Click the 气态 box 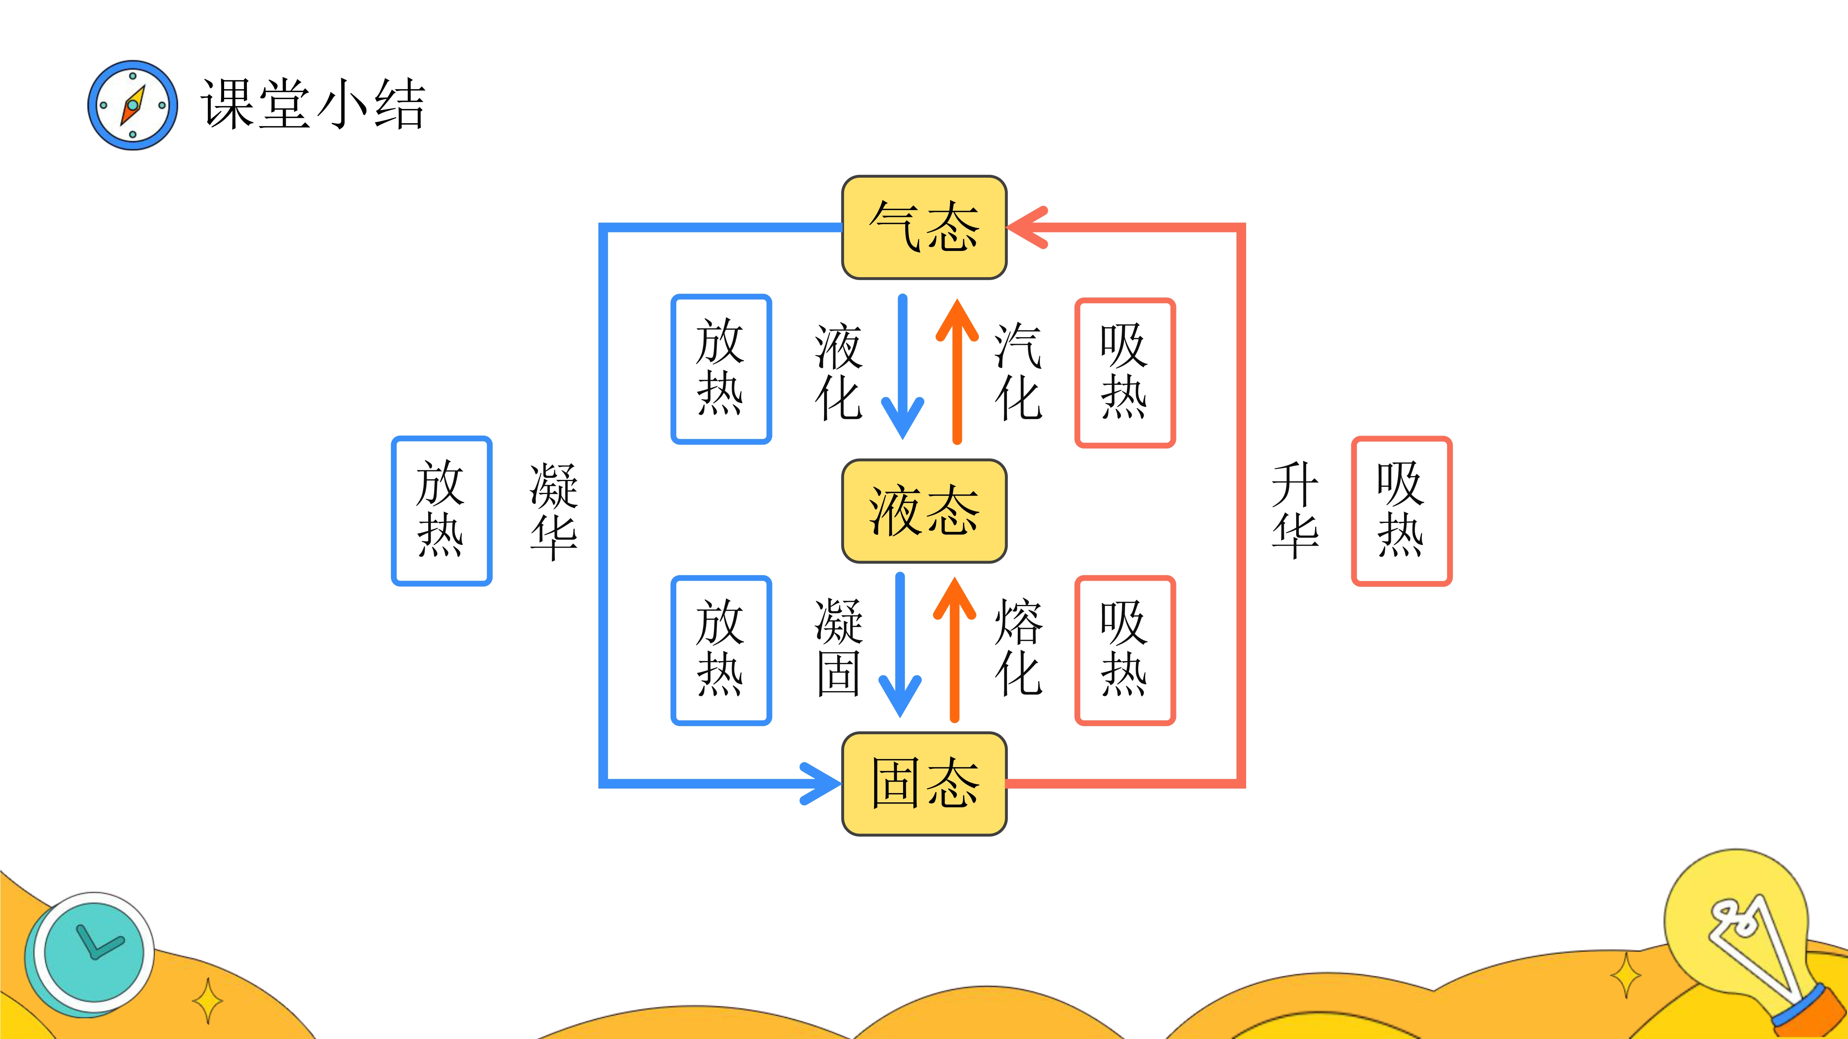coord(924,227)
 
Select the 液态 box coord(924,511)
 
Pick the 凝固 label coord(838,648)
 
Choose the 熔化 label coord(1017,648)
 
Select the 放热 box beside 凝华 coord(441,511)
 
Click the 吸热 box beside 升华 coord(1401,511)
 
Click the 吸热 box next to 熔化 coord(1124,650)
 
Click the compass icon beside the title coord(133,105)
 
